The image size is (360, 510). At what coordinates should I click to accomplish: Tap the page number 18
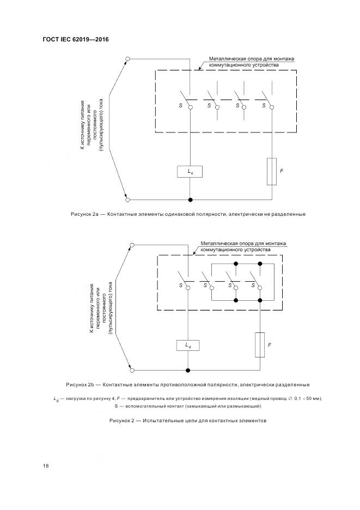click(x=46, y=465)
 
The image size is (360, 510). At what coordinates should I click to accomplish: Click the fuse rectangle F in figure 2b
click(x=260, y=345)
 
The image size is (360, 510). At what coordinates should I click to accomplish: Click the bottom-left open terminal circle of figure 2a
click(x=127, y=200)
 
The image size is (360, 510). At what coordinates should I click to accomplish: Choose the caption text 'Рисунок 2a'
click(x=84, y=214)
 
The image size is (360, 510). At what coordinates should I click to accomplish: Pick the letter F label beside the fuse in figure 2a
click(x=282, y=171)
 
